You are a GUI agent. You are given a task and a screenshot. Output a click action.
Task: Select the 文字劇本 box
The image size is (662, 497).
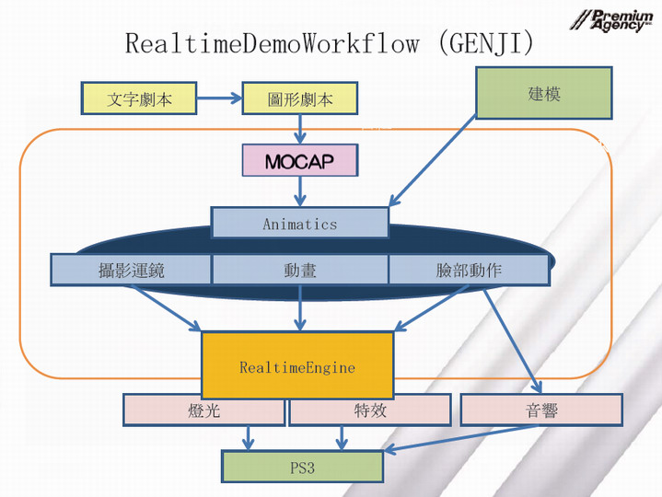(x=139, y=98)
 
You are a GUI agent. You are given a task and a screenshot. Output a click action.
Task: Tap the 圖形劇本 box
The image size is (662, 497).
(x=298, y=98)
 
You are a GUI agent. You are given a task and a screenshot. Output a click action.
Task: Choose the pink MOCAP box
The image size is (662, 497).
(x=299, y=161)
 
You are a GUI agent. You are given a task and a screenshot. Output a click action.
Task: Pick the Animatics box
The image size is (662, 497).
(x=299, y=223)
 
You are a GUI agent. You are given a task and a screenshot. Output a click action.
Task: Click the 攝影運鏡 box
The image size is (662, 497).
(x=131, y=270)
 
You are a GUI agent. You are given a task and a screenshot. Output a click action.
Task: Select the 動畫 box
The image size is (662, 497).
(x=300, y=270)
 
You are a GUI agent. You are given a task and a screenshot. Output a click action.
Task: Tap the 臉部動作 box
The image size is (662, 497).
(x=469, y=270)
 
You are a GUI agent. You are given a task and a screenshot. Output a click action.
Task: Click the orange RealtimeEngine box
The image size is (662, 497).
(x=297, y=366)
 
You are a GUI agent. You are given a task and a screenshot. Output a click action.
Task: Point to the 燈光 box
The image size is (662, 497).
(x=203, y=410)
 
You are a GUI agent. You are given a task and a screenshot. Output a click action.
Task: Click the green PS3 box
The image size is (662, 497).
(x=302, y=467)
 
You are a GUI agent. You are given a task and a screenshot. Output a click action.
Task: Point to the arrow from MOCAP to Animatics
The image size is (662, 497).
(x=299, y=191)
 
